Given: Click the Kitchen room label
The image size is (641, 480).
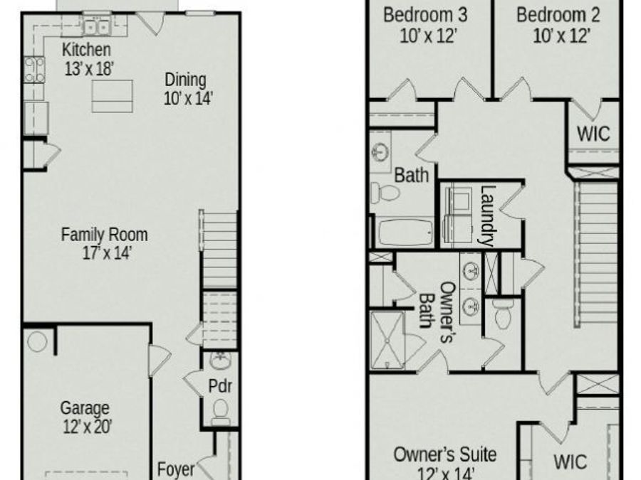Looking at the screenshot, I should click(86, 50).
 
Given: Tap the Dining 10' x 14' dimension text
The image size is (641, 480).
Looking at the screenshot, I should click(188, 99).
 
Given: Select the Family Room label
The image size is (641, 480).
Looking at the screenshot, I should click(104, 234).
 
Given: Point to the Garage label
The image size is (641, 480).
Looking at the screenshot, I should click(85, 408).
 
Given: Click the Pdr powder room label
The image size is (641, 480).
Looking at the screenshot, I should click(221, 387).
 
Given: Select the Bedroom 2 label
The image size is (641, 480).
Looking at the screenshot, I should click(558, 15).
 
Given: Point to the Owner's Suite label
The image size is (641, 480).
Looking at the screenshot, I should click(445, 454).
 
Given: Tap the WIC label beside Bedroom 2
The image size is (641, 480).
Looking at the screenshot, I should click(593, 134).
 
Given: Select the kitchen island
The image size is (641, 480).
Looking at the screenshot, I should click(112, 96).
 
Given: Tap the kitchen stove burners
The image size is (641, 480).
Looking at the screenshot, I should click(33, 70).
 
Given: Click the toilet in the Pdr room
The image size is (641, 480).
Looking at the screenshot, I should click(221, 410).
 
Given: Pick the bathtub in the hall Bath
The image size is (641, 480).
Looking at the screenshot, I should click(404, 232).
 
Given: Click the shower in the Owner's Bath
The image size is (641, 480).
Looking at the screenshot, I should click(387, 340).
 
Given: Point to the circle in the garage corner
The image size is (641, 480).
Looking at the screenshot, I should click(37, 341).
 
